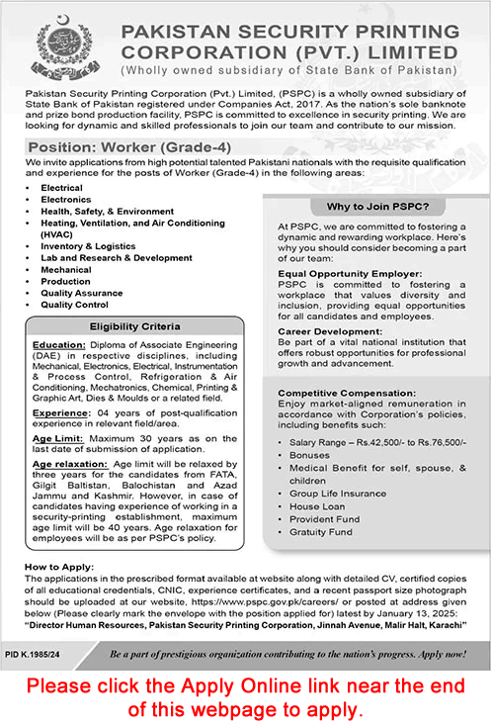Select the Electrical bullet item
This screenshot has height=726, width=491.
pyautogui.click(x=61, y=187)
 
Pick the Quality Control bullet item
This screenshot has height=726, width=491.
pyautogui.click(x=73, y=305)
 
